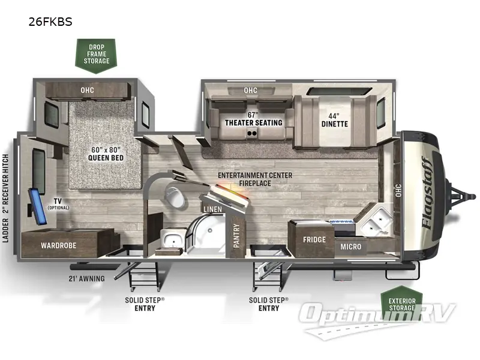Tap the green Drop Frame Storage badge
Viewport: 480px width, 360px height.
click(97, 53)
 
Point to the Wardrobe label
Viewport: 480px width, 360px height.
click(58, 245)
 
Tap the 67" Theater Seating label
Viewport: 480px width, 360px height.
click(253, 119)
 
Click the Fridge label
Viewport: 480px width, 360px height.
click(314, 240)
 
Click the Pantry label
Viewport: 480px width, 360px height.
click(236, 236)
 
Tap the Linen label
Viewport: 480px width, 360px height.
click(212, 209)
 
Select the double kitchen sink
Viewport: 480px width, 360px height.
click(375, 224)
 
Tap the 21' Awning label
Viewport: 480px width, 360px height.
click(86, 278)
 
